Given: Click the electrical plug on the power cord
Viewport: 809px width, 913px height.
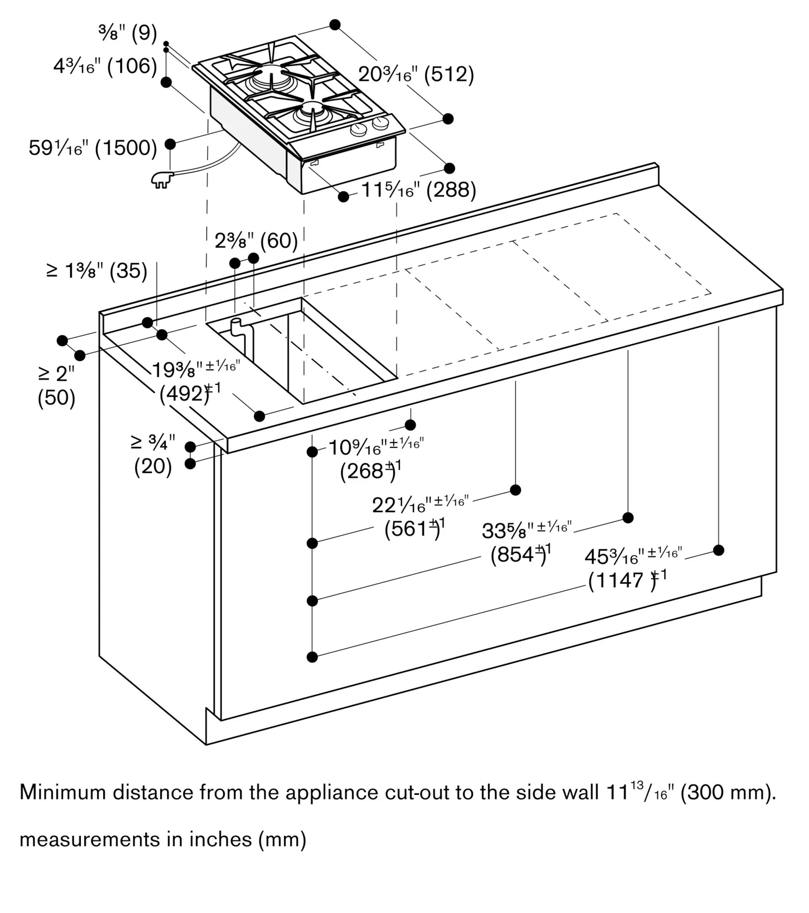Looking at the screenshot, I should coord(161,180).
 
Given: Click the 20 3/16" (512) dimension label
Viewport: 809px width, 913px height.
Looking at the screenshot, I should coord(416,74).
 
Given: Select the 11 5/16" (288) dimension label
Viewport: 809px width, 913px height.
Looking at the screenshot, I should coord(418,190).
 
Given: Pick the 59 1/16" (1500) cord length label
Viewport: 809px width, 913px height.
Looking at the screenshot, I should coord(93,148).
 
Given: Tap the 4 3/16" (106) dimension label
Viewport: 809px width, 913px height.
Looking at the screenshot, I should coord(105,67).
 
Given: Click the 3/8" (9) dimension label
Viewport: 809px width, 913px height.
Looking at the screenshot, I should coord(127,33).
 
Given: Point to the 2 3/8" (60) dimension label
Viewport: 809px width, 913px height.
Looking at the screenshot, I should coord(256,241).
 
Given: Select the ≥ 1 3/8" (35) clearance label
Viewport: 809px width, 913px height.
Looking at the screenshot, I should coord(97,271).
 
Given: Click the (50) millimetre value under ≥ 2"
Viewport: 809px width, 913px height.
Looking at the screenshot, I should coord(56,398).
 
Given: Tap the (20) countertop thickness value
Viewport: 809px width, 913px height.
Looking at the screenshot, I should coord(153,467).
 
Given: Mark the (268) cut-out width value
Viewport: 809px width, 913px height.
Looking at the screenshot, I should coord(367,471).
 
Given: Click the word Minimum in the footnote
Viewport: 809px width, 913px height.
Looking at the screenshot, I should coord(63,792).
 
